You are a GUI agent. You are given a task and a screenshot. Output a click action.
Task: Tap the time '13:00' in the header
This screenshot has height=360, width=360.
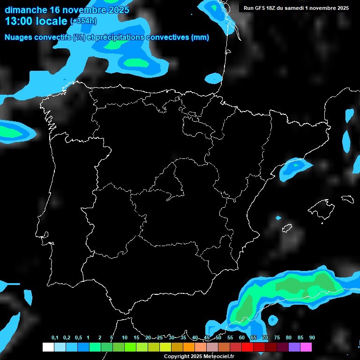pos(20,21)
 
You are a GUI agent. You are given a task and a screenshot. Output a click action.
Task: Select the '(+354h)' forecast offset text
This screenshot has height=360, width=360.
pos(84,22)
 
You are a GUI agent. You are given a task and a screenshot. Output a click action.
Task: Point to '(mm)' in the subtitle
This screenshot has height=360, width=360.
pos(200,37)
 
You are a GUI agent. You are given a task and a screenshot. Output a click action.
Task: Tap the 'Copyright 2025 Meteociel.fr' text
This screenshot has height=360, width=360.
pos(199,357)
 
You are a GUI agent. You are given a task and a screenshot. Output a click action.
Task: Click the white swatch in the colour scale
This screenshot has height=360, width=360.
pos(48,347)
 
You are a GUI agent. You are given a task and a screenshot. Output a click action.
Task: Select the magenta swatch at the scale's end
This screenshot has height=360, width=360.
pos(306,347)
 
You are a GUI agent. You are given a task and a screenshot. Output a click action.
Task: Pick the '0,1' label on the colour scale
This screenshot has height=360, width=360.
pos(55,338)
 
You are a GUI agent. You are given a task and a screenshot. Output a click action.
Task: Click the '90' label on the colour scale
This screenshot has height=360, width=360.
pos(312,338)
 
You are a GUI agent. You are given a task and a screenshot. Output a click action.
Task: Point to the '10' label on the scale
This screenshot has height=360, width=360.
pos(125,338)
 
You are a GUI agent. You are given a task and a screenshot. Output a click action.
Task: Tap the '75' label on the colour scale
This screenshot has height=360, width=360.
pos(277,338)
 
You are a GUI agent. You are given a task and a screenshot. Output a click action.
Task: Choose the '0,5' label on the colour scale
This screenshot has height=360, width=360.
pos(78,338)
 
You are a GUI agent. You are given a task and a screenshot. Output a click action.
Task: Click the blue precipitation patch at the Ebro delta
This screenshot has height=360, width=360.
pos(293,169)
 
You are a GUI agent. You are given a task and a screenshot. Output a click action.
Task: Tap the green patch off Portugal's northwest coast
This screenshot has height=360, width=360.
pos(14,131)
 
